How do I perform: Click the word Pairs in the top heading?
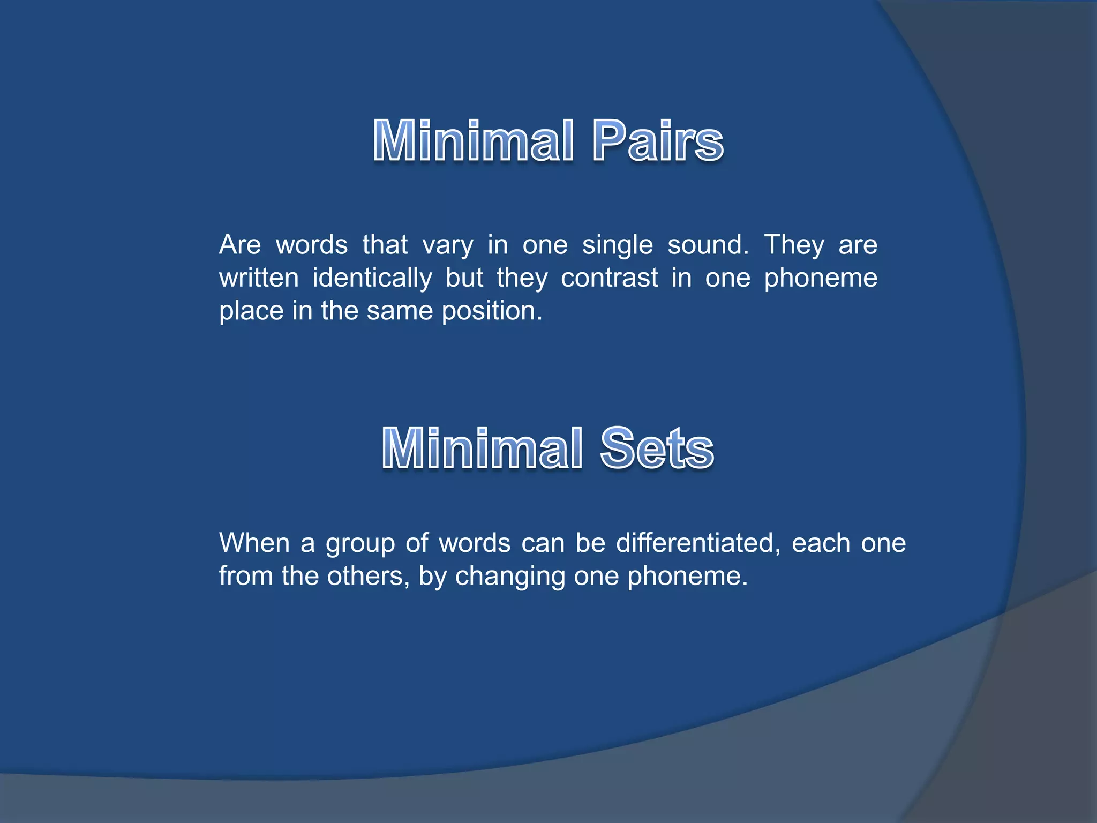click(658, 140)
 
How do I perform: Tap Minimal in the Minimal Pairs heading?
click(474, 140)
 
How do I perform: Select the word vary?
click(448, 245)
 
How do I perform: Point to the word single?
click(617, 245)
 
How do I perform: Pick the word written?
click(259, 278)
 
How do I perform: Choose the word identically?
click(372, 278)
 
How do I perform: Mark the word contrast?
click(609, 278)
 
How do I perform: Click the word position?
click(492, 311)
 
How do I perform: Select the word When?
click(254, 543)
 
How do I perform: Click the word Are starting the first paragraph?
click(239, 245)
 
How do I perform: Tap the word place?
click(251, 311)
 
